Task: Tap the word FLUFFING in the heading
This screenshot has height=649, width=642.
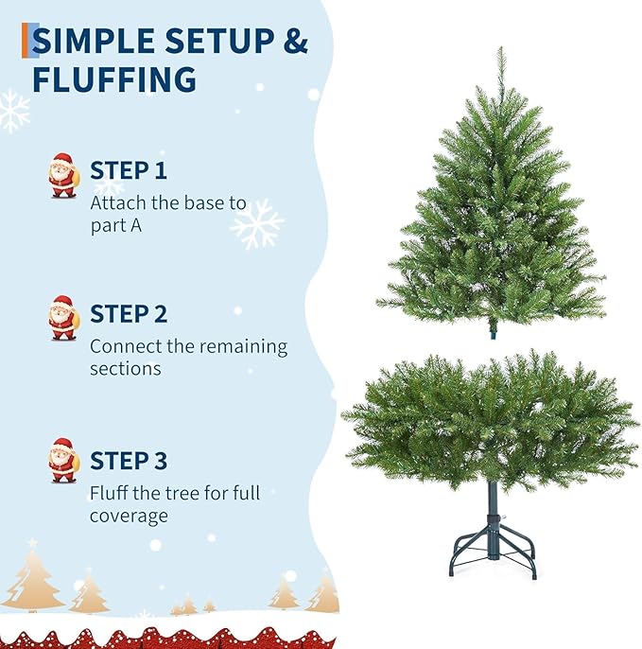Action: click(x=114, y=79)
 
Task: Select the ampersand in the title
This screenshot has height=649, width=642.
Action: click(x=296, y=41)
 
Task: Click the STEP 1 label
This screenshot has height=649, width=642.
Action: click(x=129, y=170)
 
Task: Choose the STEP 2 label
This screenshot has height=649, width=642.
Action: click(x=129, y=314)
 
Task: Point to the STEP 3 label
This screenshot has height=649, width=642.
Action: click(x=129, y=461)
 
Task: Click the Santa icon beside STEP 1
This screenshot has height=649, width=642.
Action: click(x=63, y=176)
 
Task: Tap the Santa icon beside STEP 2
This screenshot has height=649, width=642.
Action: click(x=63, y=318)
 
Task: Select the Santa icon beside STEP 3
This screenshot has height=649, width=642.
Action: click(x=63, y=461)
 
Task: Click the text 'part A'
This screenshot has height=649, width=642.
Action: click(x=115, y=227)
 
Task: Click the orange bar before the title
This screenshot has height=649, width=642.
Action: click(x=26, y=41)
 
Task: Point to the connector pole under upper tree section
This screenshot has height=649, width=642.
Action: click(x=492, y=332)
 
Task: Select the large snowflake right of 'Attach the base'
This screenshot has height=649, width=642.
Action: click(x=257, y=224)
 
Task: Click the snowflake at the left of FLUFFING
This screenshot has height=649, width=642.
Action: click(x=13, y=110)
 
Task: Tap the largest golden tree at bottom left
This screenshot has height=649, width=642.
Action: click(x=32, y=578)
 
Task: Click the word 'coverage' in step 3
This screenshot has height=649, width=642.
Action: click(x=129, y=517)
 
